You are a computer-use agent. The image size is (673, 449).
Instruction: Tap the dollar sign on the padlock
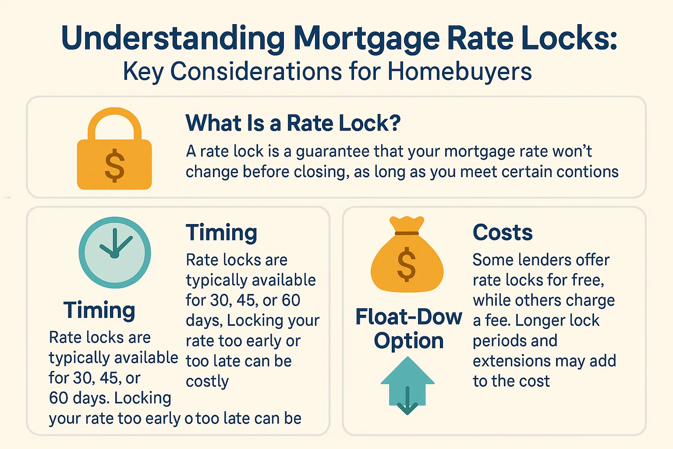coord(115,165)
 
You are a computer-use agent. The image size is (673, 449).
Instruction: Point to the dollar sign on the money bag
coord(406,264)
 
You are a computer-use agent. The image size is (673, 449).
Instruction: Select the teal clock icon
coord(115,253)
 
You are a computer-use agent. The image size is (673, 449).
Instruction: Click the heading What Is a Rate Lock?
coord(293,123)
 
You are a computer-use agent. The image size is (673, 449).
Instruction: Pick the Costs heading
coord(503,232)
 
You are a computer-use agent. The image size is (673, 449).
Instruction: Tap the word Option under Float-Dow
coord(409,341)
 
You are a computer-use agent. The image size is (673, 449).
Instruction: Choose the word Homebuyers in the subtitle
coord(460,71)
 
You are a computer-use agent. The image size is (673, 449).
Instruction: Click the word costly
coord(207,381)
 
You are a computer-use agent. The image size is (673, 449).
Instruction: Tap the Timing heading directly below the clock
coord(99,310)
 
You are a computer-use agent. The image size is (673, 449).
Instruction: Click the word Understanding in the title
coord(173,38)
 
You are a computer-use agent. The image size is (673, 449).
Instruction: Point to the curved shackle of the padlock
coord(114,123)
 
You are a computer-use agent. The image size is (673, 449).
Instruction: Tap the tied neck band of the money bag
coord(407,233)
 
